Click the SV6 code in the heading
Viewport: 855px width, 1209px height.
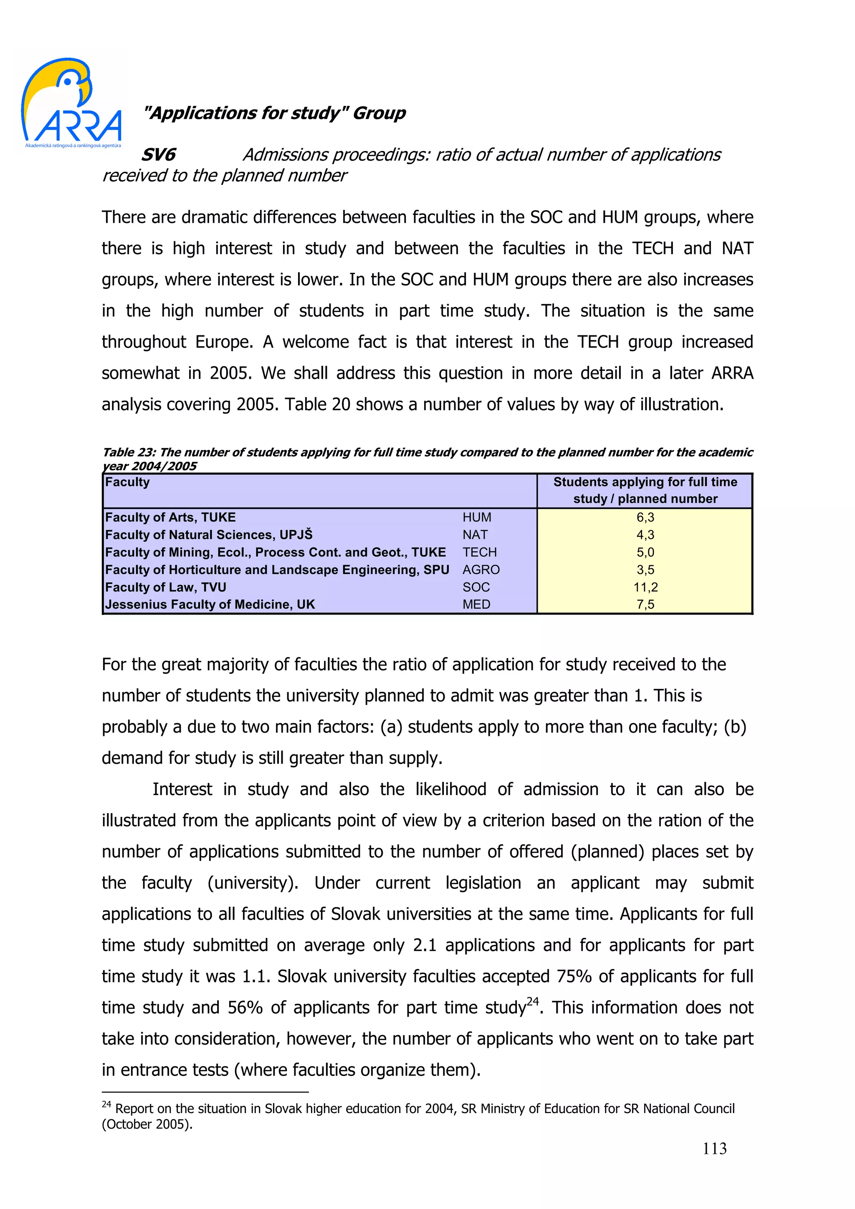(158, 155)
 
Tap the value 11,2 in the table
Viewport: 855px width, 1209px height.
(645, 587)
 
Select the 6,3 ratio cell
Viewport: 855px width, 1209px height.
(645, 517)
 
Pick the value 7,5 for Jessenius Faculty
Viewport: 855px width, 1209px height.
(645, 604)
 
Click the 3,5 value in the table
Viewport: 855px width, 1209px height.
(645, 570)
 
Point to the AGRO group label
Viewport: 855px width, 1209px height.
(481, 570)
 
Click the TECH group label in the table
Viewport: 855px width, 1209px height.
(479, 552)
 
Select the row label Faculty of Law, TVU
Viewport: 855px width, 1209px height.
(165, 587)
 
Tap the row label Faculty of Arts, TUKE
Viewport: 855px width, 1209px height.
(170, 517)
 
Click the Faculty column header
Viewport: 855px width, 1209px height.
(127, 482)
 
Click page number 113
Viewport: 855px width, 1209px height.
(714, 1149)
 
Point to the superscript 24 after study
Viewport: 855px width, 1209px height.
(533, 1001)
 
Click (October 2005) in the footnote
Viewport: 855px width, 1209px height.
(147, 1124)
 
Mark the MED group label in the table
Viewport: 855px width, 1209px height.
(476, 604)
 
